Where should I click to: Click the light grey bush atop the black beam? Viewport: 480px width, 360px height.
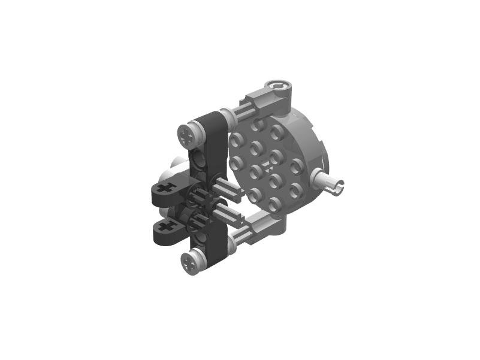pos(190,133)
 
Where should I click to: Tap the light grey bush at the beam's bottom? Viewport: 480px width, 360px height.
pos(192,262)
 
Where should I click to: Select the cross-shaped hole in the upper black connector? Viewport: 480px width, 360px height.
pos(168,188)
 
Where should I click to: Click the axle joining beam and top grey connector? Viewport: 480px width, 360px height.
pos(240,111)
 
